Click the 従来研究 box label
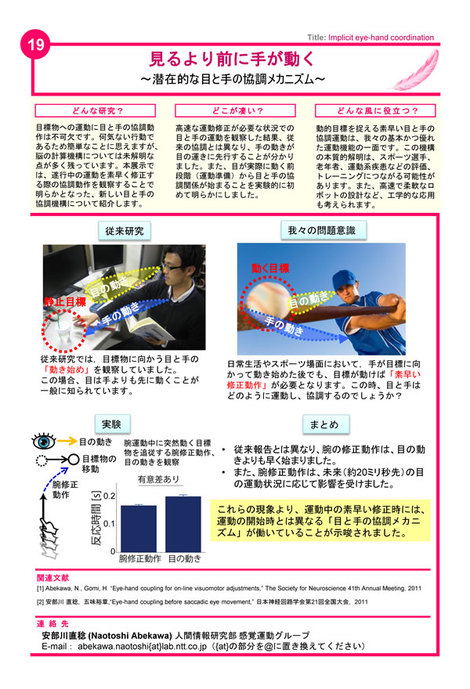[x=122, y=231]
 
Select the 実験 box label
[x=110, y=424]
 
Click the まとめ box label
[x=324, y=424]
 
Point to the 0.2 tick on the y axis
[x=110, y=496]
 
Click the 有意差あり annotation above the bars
[x=158, y=479]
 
